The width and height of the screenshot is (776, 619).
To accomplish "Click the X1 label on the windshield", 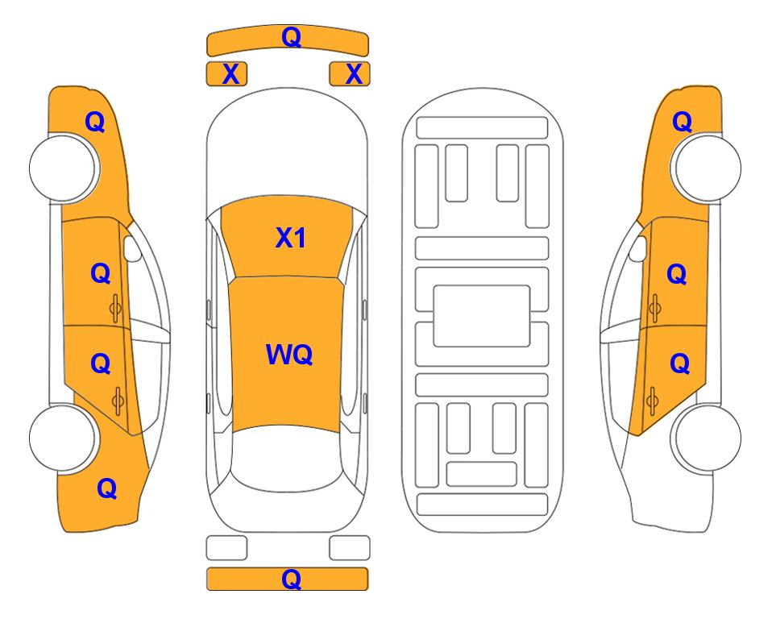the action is (291, 238).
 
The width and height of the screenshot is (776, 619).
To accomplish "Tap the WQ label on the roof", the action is (289, 354).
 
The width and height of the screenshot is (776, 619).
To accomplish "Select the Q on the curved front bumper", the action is (291, 37).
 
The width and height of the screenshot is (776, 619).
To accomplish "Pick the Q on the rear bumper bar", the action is (291, 579).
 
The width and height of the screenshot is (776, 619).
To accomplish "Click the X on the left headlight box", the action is (230, 74).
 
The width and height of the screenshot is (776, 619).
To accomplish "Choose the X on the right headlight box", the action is (354, 74).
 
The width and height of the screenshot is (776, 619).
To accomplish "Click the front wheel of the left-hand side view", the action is (63, 168).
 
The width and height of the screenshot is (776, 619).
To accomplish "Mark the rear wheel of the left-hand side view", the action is (63, 438).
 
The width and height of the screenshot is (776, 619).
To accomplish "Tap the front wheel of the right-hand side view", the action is (705, 168).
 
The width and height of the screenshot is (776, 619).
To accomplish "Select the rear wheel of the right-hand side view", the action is (705, 438).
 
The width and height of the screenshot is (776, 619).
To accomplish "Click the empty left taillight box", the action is (226, 548).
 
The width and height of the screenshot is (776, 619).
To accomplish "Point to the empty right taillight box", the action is (350, 548).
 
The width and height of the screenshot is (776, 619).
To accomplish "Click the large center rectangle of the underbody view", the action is (482, 316).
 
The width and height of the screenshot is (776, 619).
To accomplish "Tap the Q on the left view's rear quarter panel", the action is (107, 488).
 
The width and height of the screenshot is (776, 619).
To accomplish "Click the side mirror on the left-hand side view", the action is (132, 248).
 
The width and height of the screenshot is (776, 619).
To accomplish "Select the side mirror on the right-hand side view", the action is (637, 248).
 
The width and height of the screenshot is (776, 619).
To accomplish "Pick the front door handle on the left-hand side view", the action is (115, 308).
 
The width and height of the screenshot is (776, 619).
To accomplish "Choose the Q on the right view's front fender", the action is (682, 122).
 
